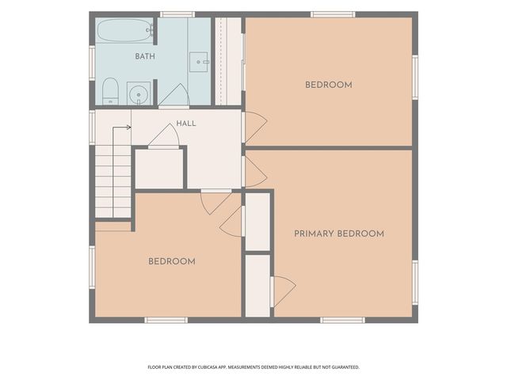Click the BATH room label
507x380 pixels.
(145, 56)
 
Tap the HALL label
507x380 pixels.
(186, 123)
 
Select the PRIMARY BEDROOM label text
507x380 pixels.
(339, 234)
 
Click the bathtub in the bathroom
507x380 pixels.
(125, 30)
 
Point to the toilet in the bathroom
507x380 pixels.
(110, 91)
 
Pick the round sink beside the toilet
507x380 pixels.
(139, 93)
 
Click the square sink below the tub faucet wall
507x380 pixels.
(198, 62)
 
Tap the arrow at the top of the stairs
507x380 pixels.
(121, 127)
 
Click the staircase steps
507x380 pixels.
(112, 181)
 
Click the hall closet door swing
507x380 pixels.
(164, 135)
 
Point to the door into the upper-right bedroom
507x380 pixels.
(255, 127)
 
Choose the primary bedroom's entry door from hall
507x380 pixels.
(255, 172)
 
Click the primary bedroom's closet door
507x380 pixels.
(284, 291)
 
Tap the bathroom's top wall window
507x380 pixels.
(177, 14)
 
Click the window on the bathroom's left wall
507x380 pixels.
(92, 63)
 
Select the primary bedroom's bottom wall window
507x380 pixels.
(343, 320)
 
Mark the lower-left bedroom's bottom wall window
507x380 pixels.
(166, 320)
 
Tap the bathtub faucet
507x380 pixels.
(150, 30)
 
